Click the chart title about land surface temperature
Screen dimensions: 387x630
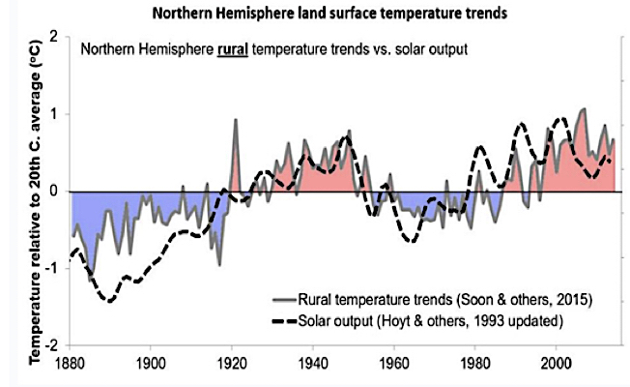click(x=315, y=15)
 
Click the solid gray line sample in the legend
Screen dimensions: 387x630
click(x=284, y=296)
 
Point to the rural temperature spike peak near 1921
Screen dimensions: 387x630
click(x=236, y=120)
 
